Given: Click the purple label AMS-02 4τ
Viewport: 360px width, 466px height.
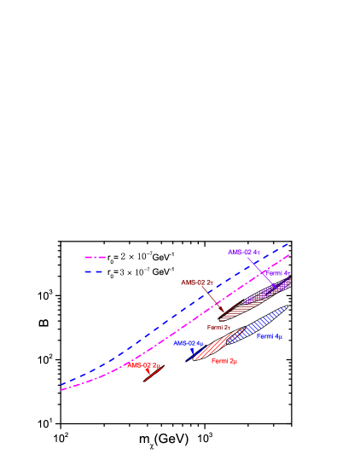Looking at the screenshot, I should click(x=243, y=252).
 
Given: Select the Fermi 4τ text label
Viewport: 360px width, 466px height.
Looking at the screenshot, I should click(x=277, y=273).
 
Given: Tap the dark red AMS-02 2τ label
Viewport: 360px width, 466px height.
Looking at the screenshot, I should click(x=196, y=283).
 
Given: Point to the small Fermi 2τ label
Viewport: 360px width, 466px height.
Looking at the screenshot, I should click(x=218, y=327).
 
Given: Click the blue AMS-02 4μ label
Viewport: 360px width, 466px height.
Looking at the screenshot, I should click(x=187, y=343).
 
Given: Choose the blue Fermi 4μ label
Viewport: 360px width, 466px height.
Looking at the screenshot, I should click(x=270, y=337).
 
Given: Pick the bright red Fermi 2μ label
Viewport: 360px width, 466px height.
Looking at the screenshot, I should click(x=224, y=361).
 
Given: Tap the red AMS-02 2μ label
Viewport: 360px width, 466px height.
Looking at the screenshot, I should click(x=143, y=365).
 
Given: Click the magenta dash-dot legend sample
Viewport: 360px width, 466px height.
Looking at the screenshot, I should click(x=95, y=257).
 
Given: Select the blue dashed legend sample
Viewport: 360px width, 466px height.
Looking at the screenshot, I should click(x=95, y=271).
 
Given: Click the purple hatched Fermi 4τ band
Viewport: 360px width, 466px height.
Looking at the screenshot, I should click(x=269, y=291).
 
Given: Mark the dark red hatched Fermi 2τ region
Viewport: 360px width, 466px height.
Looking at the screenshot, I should click(x=239, y=311).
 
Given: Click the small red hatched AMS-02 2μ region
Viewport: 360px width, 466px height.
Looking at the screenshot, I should click(x=154, y=375).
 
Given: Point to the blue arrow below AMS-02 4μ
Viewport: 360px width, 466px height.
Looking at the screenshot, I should click(x=193, y=351).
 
